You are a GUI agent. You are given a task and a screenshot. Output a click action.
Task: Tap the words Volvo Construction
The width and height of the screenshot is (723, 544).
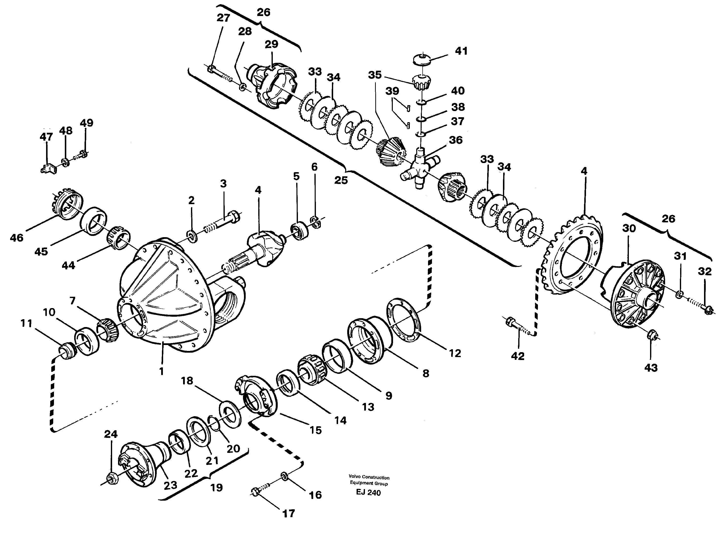click(x=369, y=477)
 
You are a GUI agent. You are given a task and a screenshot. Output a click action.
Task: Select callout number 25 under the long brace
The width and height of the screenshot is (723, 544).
click(x=341, y=180)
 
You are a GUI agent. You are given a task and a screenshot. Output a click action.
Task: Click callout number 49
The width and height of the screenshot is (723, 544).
click(x=86, y=123)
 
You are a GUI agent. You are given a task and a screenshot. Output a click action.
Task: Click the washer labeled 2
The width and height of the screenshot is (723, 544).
click(x=191, y=236)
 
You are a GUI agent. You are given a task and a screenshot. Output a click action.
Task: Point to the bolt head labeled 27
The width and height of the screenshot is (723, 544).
click(x=211, y=69)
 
